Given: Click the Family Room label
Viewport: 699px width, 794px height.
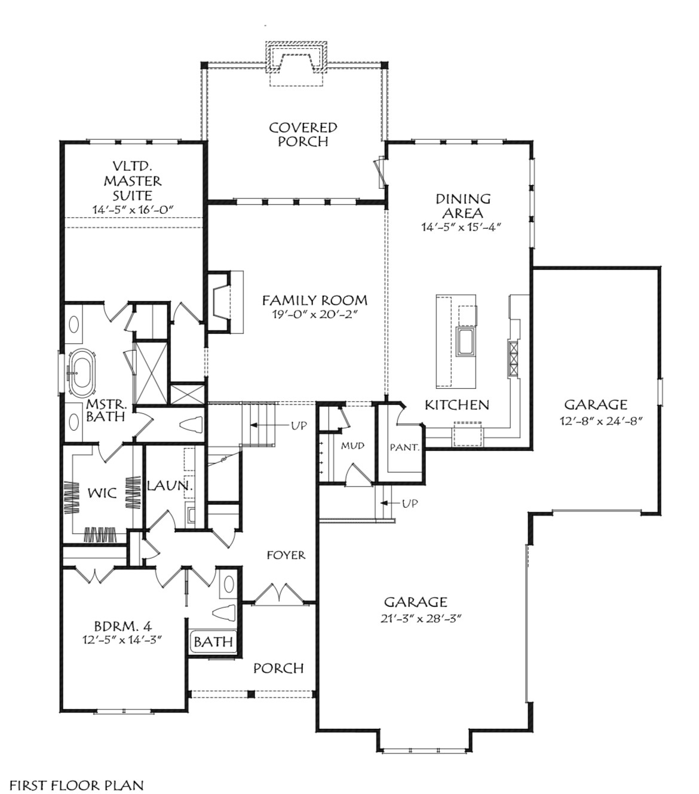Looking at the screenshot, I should [x=314, y=301].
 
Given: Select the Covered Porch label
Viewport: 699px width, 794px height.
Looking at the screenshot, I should [x=303, y=134].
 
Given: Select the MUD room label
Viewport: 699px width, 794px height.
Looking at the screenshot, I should [x=352, y=446].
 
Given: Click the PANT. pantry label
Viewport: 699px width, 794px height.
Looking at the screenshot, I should [x=404, y=447].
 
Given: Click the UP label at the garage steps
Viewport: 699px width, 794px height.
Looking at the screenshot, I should [x=410, y=504].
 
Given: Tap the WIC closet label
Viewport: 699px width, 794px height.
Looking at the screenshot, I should [x=102, y=494].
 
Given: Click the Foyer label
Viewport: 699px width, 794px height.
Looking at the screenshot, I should [x=286, y=555].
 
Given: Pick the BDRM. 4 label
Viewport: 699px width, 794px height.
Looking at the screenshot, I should [x=115, y=627].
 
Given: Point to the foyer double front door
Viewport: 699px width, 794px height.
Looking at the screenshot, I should [x=277, y=593].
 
